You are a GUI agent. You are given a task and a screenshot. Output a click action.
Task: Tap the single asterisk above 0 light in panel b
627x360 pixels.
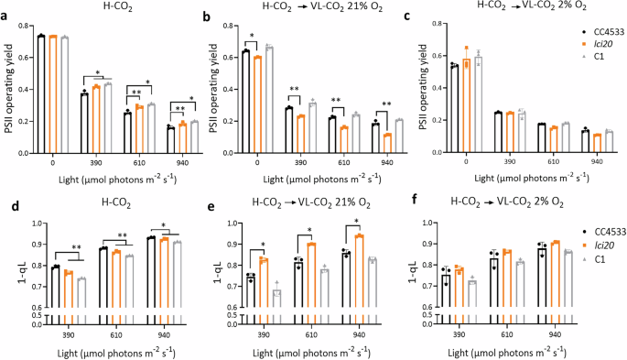coord(253,37)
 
